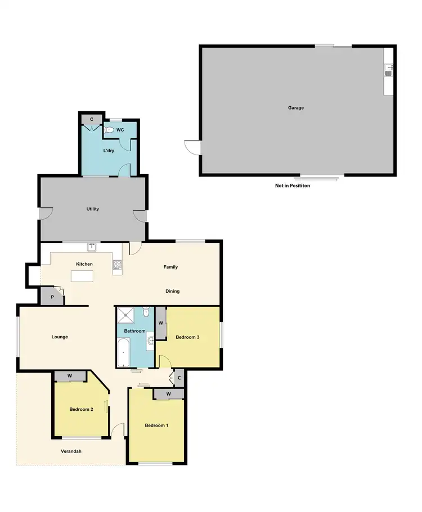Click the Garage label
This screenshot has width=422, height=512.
[x=296, y=108]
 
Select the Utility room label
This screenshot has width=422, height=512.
[x=93, y=209]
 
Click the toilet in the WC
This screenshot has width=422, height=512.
[x=109, y=130]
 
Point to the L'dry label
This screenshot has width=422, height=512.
[x=109, y=151]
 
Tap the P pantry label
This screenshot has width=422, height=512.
[x=52, y=297]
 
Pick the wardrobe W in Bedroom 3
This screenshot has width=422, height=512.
[x=161, y=324]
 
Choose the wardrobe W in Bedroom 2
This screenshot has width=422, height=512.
[x=70, y=376]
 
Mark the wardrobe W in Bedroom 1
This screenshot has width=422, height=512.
[x=168, y=394]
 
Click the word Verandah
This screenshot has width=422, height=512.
[x=71, y=451]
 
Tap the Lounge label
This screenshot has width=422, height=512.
[x=60, y=337]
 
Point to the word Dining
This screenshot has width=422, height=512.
[x=173, y=291]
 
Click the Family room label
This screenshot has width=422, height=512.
[x=170, y=267]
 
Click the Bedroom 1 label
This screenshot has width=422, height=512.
[x=157, y=425]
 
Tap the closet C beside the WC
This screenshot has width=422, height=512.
[x=92, y=119]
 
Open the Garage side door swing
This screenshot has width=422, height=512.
[x=192, y=147]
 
